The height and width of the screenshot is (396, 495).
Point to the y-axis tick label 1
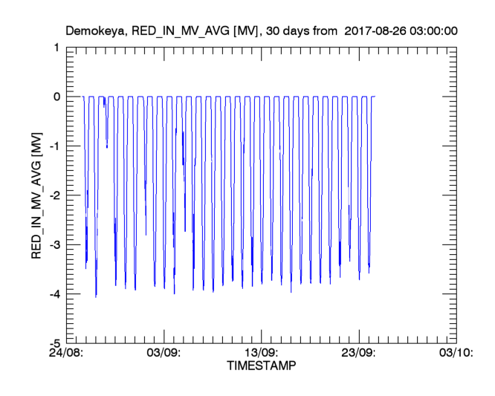[x=56, y=48]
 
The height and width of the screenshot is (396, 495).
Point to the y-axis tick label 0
[x=56, y=97]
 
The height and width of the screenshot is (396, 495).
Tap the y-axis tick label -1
[x=54, y=146]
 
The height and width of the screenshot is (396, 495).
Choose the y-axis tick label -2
[x=54, y=195]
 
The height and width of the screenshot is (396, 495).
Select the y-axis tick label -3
[x=54, y=245]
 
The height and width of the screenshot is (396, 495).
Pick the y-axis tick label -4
[x=54, y=294]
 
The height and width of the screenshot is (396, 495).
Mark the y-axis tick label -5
[x=54, y=343]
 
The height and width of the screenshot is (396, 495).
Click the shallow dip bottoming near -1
[x=107, y=146]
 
